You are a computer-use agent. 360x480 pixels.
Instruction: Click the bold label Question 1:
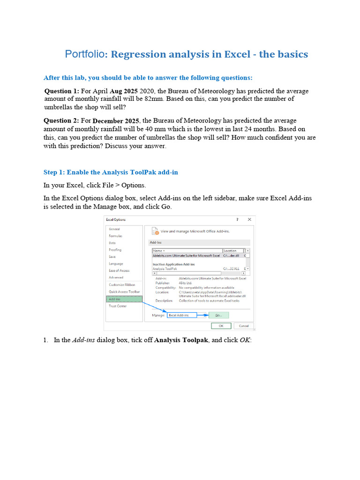point(62,91)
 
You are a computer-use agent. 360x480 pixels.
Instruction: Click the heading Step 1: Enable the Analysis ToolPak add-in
point(111,172)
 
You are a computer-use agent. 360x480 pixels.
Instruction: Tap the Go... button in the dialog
point(218,315)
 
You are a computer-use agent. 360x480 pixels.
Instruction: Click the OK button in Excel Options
point(219,326)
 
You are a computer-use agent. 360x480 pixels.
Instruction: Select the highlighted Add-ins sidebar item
point(115,299)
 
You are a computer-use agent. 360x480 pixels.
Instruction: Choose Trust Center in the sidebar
point(118,306)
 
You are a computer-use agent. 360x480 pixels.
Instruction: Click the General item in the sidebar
point(114,229)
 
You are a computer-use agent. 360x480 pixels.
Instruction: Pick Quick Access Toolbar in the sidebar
point(124,292)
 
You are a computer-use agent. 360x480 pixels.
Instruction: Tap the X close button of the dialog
point(249,219)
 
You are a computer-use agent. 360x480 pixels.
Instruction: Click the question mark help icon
point(237,219)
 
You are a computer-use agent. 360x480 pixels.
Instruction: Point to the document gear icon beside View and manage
point(154,231)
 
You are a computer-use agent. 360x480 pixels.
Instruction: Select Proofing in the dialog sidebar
point(115,250)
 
